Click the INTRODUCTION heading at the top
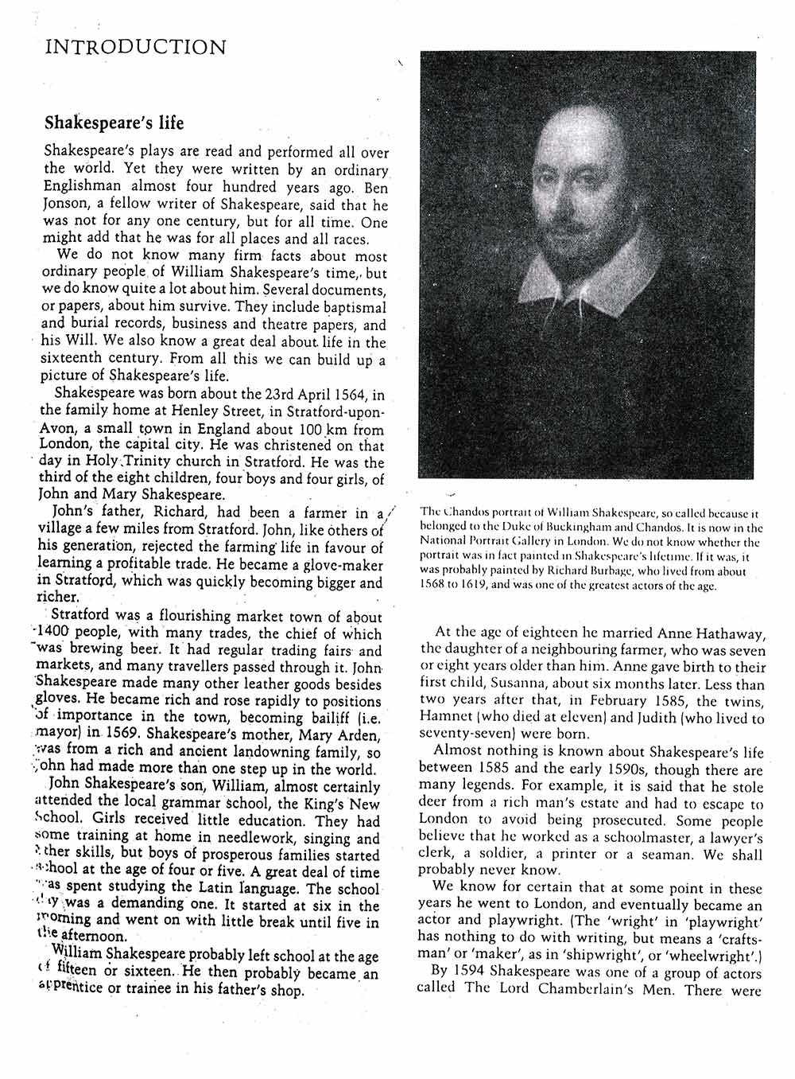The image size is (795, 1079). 135,47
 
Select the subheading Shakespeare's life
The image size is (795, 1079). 114,123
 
